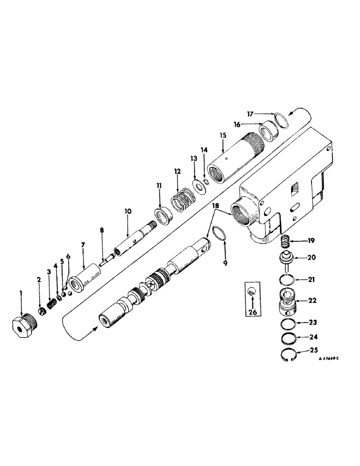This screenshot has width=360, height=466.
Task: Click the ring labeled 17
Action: tap(280, 119)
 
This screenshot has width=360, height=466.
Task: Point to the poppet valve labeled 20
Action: tap(288, 259)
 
